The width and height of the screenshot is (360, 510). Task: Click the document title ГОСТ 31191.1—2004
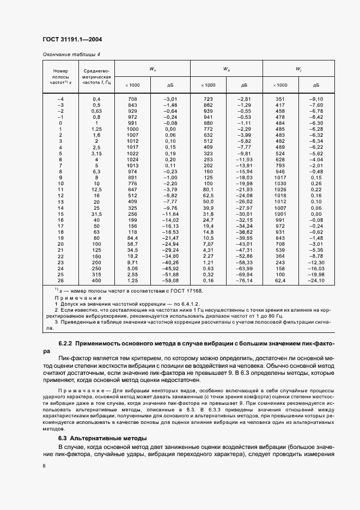72,40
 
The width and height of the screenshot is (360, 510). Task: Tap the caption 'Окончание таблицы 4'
71,54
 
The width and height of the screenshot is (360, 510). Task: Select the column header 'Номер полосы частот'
59,76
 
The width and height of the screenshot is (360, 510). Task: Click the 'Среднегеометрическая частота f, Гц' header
96,76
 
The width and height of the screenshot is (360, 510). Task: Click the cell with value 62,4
280,281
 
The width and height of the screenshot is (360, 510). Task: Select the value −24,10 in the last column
316,281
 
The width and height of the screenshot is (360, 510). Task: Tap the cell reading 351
280,99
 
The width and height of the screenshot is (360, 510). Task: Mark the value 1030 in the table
280,184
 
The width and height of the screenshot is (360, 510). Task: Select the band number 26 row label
60,281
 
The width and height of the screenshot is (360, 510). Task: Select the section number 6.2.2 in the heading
66,344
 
